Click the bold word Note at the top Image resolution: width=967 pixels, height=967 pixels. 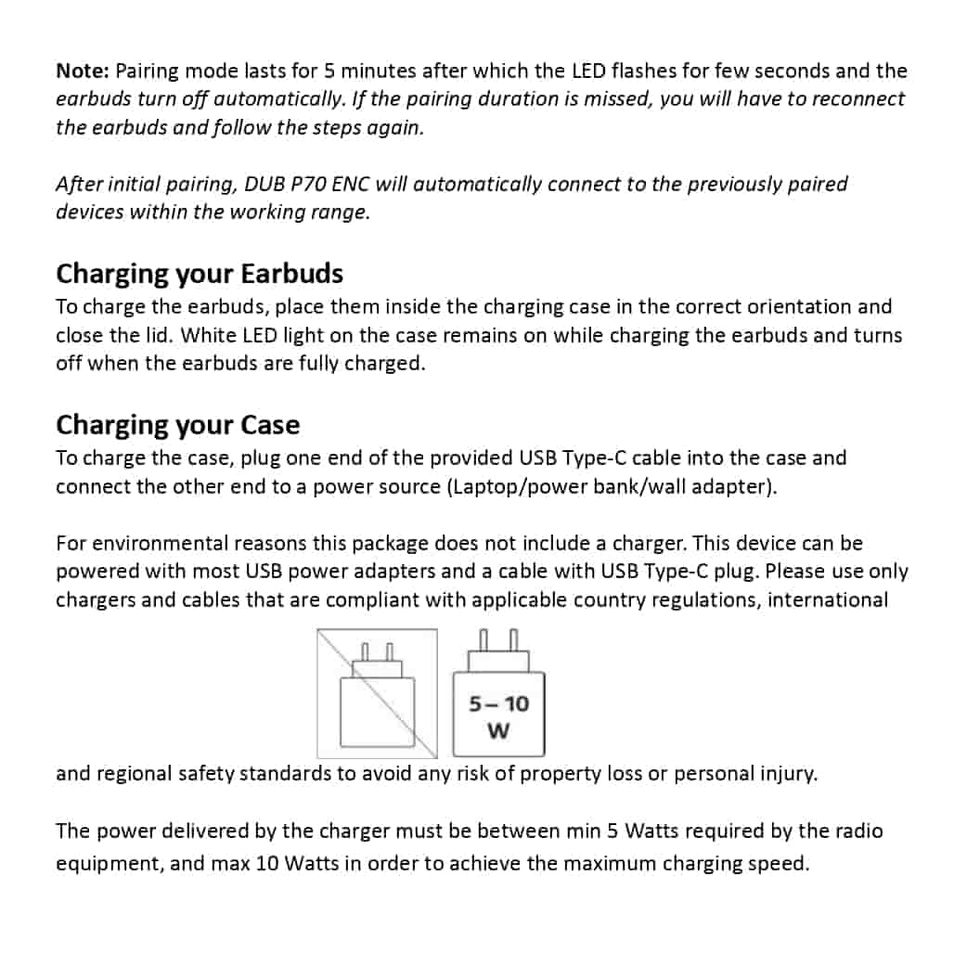[84, 71]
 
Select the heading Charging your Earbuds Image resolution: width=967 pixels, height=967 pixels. [200, 274]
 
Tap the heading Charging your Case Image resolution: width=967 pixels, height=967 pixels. [178, 425]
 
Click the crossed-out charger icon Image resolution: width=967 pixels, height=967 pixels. [377, 693]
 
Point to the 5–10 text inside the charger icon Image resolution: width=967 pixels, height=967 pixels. [498, 703]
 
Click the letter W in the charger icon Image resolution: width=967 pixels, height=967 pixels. [498, 732]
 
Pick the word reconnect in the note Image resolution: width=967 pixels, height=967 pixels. [858, 98]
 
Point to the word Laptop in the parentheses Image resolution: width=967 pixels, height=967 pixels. [486, 486]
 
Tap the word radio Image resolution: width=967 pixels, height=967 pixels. [859, 831]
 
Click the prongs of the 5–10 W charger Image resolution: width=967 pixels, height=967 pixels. [498, 640]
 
